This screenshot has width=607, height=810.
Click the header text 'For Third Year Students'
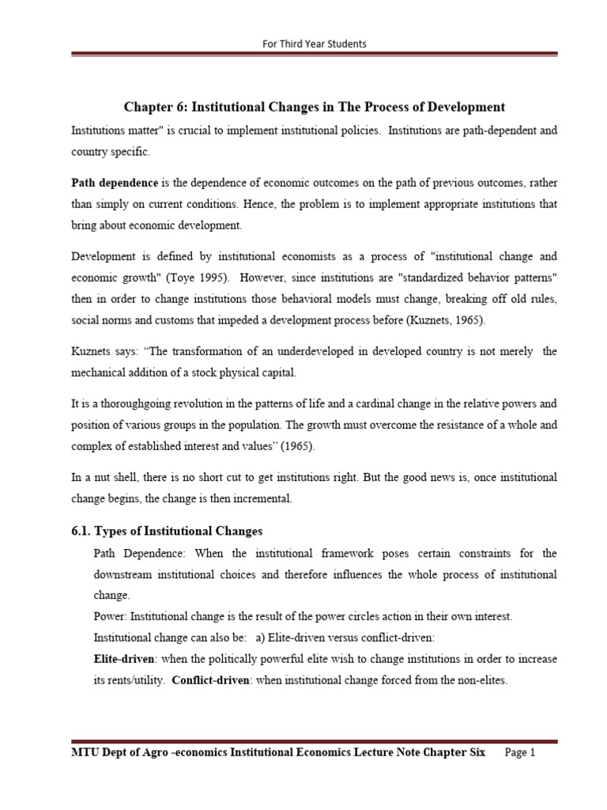click(x=314, y=43)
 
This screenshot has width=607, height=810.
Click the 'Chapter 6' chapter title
click(x=314, y=107)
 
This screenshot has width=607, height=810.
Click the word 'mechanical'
click(x=101, y=372)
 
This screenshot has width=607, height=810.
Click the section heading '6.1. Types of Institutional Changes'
click(x=166, y=530)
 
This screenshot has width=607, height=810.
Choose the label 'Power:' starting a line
click(x=111, y=615)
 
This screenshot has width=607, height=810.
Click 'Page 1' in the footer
click(x=519, y=754)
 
